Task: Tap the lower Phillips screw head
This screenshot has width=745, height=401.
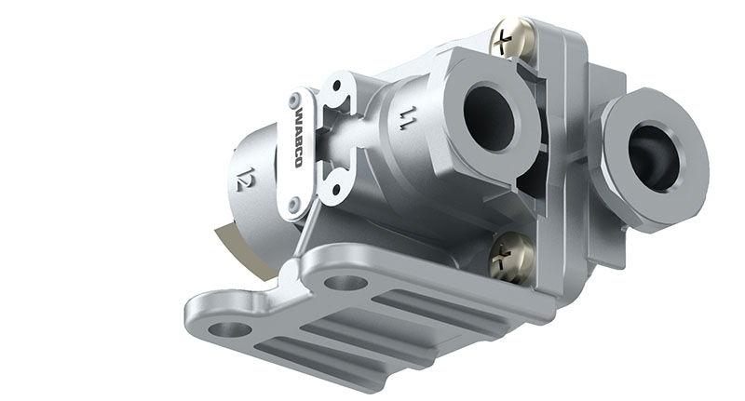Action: (512, 256)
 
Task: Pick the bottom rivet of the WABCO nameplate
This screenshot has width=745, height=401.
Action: (295, 204)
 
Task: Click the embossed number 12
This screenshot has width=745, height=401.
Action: (245, 180)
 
